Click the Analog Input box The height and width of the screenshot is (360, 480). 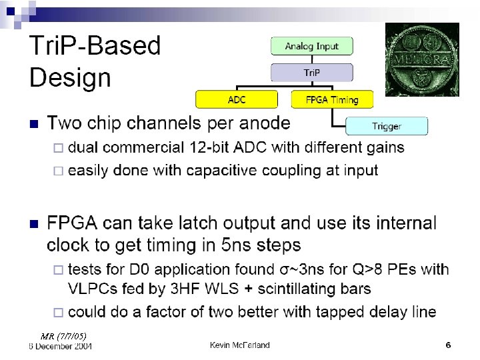point(311,46)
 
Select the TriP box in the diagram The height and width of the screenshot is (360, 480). point(311,72)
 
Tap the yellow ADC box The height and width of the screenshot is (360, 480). point(237,99)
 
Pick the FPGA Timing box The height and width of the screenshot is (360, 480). point(332,99)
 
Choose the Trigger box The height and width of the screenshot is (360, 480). point(387,126)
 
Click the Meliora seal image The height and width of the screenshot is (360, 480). point(422,59)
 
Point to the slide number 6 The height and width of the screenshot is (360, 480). point(448,345)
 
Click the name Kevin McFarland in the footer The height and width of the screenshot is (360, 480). point(240,345)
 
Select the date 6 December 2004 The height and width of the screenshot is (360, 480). point(61,345)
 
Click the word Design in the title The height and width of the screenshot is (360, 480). point(70,77)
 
